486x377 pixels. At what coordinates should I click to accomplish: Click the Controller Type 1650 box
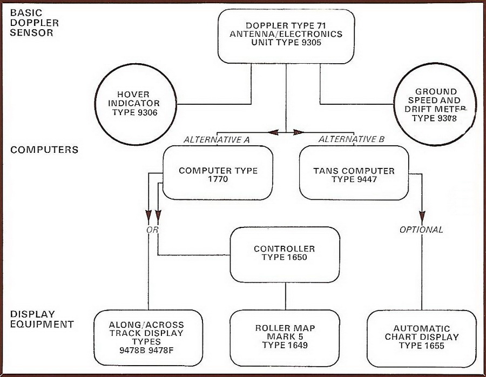click(284, 253)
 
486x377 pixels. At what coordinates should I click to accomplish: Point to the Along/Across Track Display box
click(147, 338)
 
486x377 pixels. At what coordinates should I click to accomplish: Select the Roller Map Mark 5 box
click(284, 338)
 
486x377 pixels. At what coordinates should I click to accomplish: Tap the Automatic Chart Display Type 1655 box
click(422, 338)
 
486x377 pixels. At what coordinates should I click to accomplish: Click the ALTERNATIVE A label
click(216, 139)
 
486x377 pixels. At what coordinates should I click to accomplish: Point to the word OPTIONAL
click(421, 230)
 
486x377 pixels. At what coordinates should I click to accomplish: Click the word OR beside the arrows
click(152, 230)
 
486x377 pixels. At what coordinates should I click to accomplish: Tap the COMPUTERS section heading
click(44, 150)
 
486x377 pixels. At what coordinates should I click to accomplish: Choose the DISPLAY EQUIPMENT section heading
click(42, 319)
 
